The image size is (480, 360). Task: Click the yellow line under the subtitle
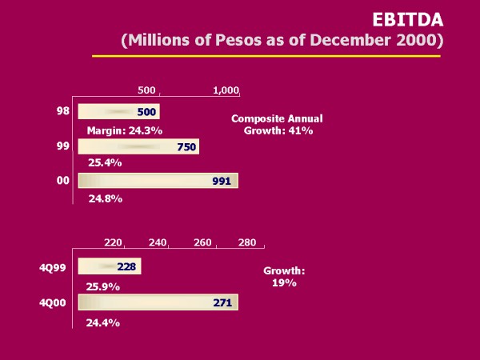[266, 56]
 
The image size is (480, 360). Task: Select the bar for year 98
[118, 112]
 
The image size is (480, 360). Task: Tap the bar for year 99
[138, 146]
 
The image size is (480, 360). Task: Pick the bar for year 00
[158, 181]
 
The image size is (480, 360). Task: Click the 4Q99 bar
[109, 266]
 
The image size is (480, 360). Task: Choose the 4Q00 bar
[158, 302]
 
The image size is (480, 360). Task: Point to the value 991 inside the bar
[222, 182]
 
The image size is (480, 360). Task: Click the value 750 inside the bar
[186, 147]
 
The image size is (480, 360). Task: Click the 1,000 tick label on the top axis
[226, 90]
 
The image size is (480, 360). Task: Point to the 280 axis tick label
[247, 242]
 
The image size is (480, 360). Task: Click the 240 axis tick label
[157, 242]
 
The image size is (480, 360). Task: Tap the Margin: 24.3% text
[125, 130]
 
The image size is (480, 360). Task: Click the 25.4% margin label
[104, 163]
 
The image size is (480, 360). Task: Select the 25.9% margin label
[102, 286]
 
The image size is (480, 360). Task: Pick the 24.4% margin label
[102, 322]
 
